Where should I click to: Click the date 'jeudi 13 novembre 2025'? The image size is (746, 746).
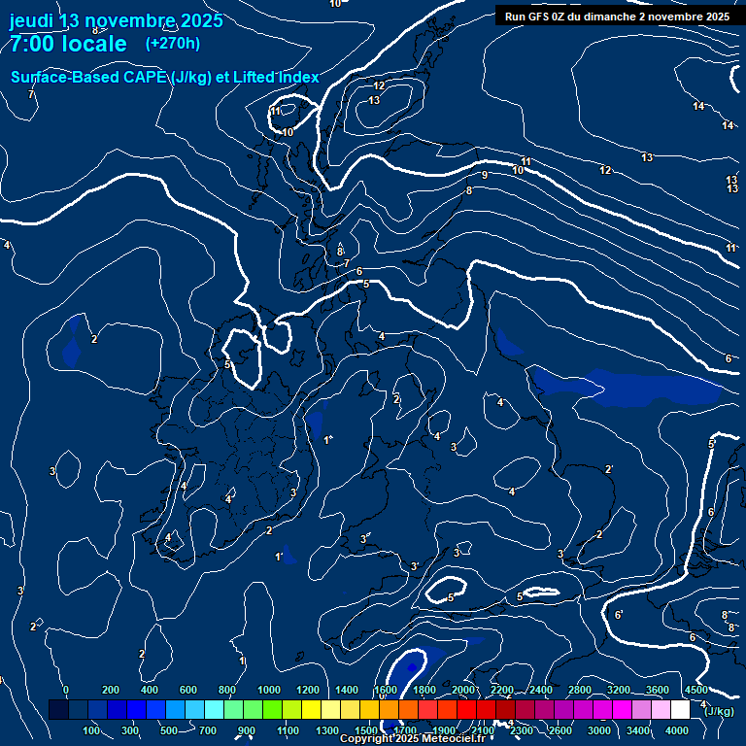pyautogui.click(x=116, y=20)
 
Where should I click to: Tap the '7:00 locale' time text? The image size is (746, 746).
pyautogui.click(x=68, y=44)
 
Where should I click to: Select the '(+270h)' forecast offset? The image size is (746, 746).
pyautogui.click(x=173, y=43)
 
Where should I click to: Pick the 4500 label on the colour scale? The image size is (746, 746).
pyautogui.click(x=695, y=690)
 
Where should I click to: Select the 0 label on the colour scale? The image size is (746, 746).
pyautogui.click(x=66, y=690)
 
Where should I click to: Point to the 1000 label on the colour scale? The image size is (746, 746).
pyautogui.click(x=269, y=690)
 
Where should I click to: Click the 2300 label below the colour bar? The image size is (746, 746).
pyautogui.click(x=521, y=730)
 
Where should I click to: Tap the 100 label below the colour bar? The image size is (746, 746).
pyautogui.click(x=92, y=730)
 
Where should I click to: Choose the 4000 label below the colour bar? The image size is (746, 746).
pyautogui.click(x=677, y=730)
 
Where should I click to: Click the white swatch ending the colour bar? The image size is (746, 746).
pyautogui.click(x=680, y=710)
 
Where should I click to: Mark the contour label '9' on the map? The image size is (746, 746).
pyautogui.click(x=484, y=176)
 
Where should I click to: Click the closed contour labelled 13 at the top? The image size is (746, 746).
pyautogui.click(x=374, y=101)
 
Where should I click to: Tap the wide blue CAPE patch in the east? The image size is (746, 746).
pyautogui.click(x=651, y=389)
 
